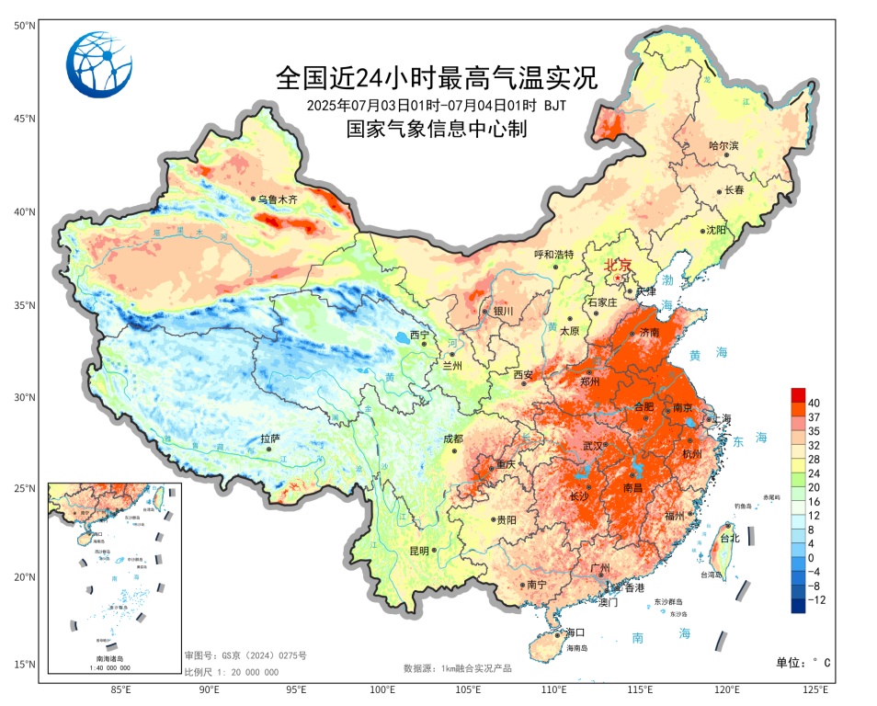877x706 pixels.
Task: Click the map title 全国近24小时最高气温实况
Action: [x=437, y=76]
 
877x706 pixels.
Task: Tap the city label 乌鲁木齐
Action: [x=279, y=199]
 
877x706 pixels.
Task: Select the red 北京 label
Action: [x=619, y=265]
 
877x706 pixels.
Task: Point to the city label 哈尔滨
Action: [x=723, y=145]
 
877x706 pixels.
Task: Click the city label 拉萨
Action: [x=269, y=438]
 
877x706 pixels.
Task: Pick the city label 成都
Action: [x=453, y=438]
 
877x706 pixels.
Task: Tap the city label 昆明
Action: [x=419, y=551]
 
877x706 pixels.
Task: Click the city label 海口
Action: [x=575, y=632]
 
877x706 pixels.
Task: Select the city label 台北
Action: [x=728, y=538]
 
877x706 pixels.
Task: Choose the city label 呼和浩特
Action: [x=554, y=255]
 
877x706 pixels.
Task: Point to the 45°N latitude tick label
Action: [x=24, y=119]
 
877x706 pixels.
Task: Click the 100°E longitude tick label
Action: [x=382, y=689]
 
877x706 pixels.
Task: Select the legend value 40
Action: [x=814, y=403]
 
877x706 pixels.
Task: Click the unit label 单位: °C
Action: [x=803, y=662]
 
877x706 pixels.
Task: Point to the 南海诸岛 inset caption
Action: [x=112, y=659]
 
